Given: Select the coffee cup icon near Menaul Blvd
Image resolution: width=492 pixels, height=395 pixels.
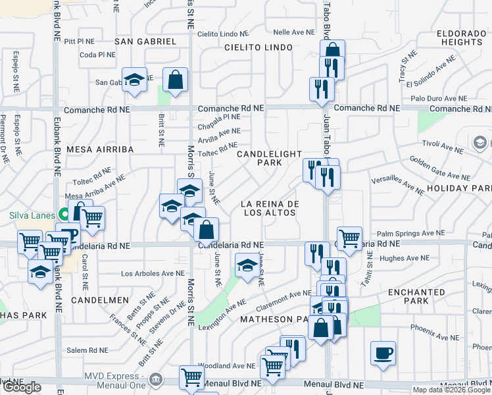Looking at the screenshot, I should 383,354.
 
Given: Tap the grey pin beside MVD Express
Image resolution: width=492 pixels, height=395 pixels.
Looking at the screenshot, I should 156,380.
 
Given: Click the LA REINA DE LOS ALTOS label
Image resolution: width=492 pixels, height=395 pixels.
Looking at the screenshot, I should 270,208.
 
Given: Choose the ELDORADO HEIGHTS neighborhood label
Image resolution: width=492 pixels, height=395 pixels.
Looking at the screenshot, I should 462,36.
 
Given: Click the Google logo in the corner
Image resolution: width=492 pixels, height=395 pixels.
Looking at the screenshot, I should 22,387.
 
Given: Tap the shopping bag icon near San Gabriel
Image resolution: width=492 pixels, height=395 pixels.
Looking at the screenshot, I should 176,81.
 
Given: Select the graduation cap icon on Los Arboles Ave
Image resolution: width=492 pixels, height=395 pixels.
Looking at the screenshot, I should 247,265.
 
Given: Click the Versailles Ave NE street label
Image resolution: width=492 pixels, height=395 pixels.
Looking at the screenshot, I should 398,184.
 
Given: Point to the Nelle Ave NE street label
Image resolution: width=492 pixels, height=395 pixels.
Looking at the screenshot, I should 294,32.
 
